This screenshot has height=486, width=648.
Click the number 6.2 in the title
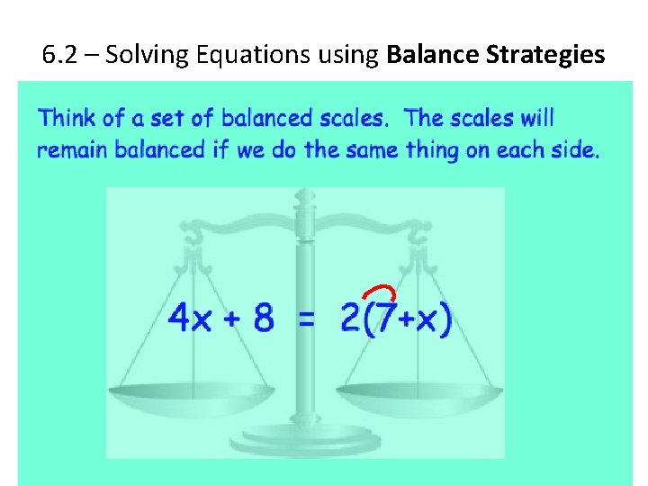point(61,55)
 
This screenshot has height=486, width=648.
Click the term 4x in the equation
point(191,319)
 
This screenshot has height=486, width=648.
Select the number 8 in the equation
point(263,319)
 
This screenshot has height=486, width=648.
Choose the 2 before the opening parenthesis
point(349,319)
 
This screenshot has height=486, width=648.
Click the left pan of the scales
point(191,393)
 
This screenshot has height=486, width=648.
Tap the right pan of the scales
point(420,393)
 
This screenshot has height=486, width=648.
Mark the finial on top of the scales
point(306,195)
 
